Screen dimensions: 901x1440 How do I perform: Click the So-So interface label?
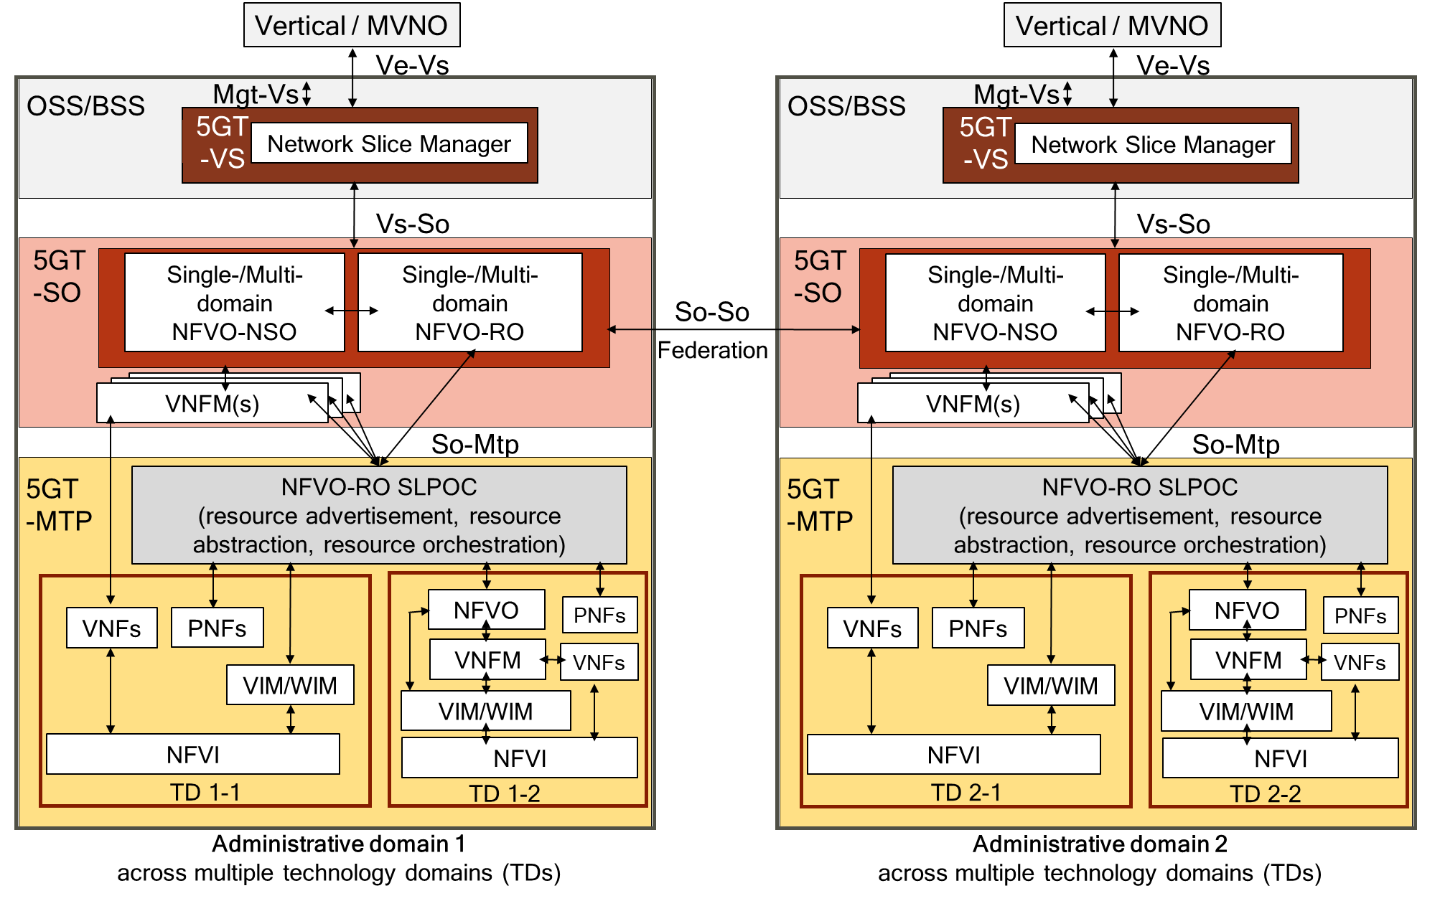click(711, 312)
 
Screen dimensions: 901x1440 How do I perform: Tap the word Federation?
click(712, 350)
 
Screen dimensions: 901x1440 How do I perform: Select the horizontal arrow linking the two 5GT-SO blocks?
click(732, 329)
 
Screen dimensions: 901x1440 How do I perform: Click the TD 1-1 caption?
click(205, 792)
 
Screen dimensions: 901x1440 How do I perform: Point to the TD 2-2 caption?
click(1265, 793)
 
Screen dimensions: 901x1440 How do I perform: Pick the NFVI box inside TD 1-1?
click(192, 754)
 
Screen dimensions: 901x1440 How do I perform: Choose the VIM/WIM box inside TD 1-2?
click(485, 711)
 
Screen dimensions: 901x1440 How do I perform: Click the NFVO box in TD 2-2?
click(1246, 610)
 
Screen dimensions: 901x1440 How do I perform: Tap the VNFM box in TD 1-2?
click(487, 659)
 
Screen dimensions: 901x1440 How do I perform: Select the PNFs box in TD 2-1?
click(977, 628)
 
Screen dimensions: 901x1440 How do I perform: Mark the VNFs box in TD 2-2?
click(1360, 662)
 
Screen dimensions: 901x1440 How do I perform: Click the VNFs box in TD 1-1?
click(111, 628)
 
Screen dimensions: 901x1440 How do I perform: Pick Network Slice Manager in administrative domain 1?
click(389, 143)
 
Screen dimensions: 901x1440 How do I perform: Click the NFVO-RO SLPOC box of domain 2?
click(1139, 515)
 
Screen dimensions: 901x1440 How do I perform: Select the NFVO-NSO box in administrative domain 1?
click(234, 303)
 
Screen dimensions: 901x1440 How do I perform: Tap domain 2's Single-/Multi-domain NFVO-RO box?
click(1230, 303)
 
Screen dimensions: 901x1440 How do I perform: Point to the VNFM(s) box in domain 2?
click(973, 403)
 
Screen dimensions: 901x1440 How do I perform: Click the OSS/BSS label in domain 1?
click(85, 105)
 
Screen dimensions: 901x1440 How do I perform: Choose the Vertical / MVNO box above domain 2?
click(1111, 26)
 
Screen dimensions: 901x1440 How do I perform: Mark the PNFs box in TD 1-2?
click(599, 615)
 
